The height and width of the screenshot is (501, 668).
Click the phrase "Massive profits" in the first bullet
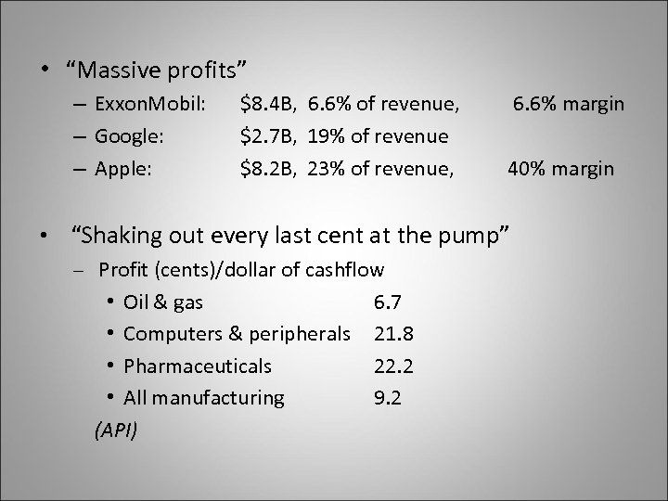(x=157, y=69)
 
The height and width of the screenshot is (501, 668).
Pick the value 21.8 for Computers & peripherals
(x=393, y=333)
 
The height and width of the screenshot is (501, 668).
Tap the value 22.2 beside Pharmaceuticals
(x=393, y=366)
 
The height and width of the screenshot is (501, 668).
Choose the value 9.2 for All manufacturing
(x=386, y=397)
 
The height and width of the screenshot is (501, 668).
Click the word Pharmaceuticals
(x=198, y=366)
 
